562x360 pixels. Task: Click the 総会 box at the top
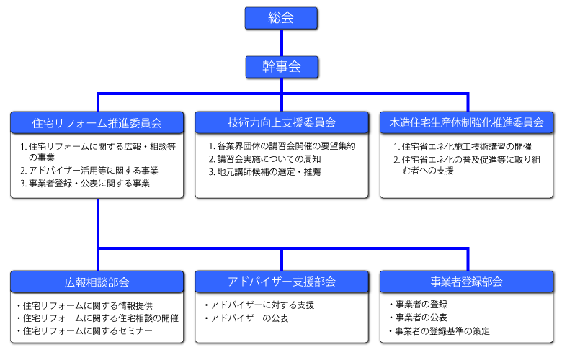[x=281, y=18]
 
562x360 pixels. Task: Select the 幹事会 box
[x=282, y=67]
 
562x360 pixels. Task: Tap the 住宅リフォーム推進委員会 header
[x=97, y=123]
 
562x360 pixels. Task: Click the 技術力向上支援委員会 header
[x=282, y=122]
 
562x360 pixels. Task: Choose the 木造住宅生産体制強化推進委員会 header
[x=466, y=122]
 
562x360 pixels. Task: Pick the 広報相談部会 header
[x=97, y=282]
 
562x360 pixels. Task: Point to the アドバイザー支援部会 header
[x=282, y=282]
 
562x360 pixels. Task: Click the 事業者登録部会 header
[x=466, y=282]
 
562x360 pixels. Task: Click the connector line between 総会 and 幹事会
[x=282, y=42]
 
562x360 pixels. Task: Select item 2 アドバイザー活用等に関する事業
[x=89, y=171]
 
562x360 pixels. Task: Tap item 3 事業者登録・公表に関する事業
[x=85, y=184]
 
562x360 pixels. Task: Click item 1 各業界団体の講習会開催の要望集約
[x=282, y=145]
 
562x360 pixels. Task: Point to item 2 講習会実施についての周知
[x=265, y=158]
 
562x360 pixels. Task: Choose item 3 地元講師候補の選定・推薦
[x=265, y=172]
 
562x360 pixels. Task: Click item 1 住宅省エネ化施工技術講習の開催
[x=463, y=146]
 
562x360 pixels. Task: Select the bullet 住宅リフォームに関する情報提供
[x=84, y=305]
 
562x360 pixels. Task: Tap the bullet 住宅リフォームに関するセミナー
[x=84, y=330]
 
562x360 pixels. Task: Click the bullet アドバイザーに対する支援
[x=259, y=305]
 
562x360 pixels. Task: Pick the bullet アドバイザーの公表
[x=246, y=318]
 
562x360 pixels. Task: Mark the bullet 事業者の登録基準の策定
[x=440, y=331]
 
